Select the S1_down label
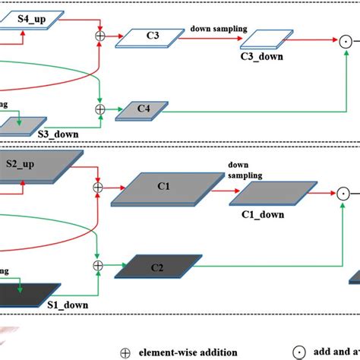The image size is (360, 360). pyautogui.click(x=63, y=305)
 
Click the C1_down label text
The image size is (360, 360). pyautogui.click(x=263, y=215)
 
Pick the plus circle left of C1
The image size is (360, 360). pyautogui.click(x=97, y=186)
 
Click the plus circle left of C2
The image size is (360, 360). pyautogui.click(x=97, y=266)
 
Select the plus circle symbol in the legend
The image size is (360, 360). pyautogui.click(x=125, y=352)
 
